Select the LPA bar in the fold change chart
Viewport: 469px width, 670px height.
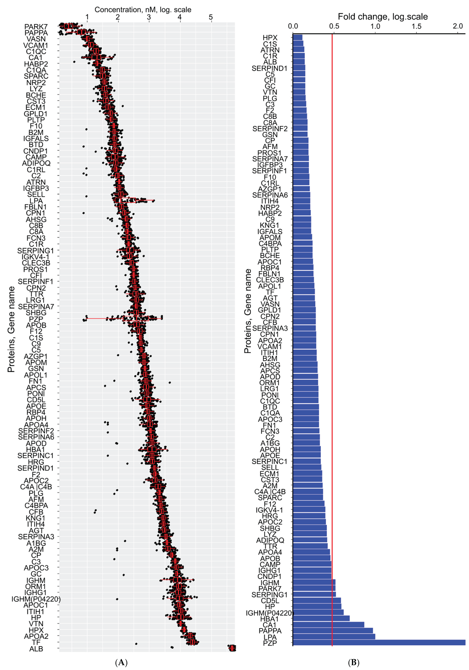(x=334, y=637)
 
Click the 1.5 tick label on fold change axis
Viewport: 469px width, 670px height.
(x=417, y=26)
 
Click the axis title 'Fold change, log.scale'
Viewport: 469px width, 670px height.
(x=383, y=17)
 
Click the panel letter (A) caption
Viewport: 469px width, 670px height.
(x=121, y=662)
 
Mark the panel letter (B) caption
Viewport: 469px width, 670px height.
(x=354, y=662)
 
